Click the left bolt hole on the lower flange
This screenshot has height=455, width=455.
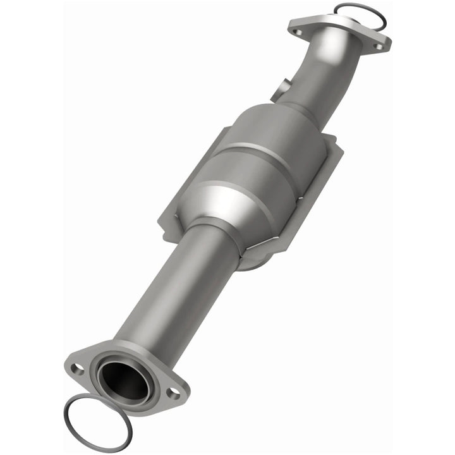[x=77, y=369]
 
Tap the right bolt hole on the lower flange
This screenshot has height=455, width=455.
[x=172, y=392]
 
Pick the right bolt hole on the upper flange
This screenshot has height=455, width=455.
[x=378, y=46]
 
